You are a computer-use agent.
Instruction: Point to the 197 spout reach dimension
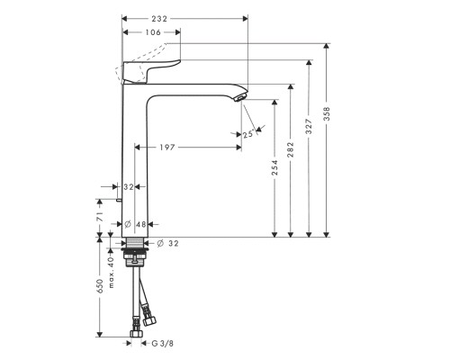[188, 148]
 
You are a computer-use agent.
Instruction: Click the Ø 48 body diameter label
[133, 223]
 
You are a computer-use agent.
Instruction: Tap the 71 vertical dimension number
[99, 218]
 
